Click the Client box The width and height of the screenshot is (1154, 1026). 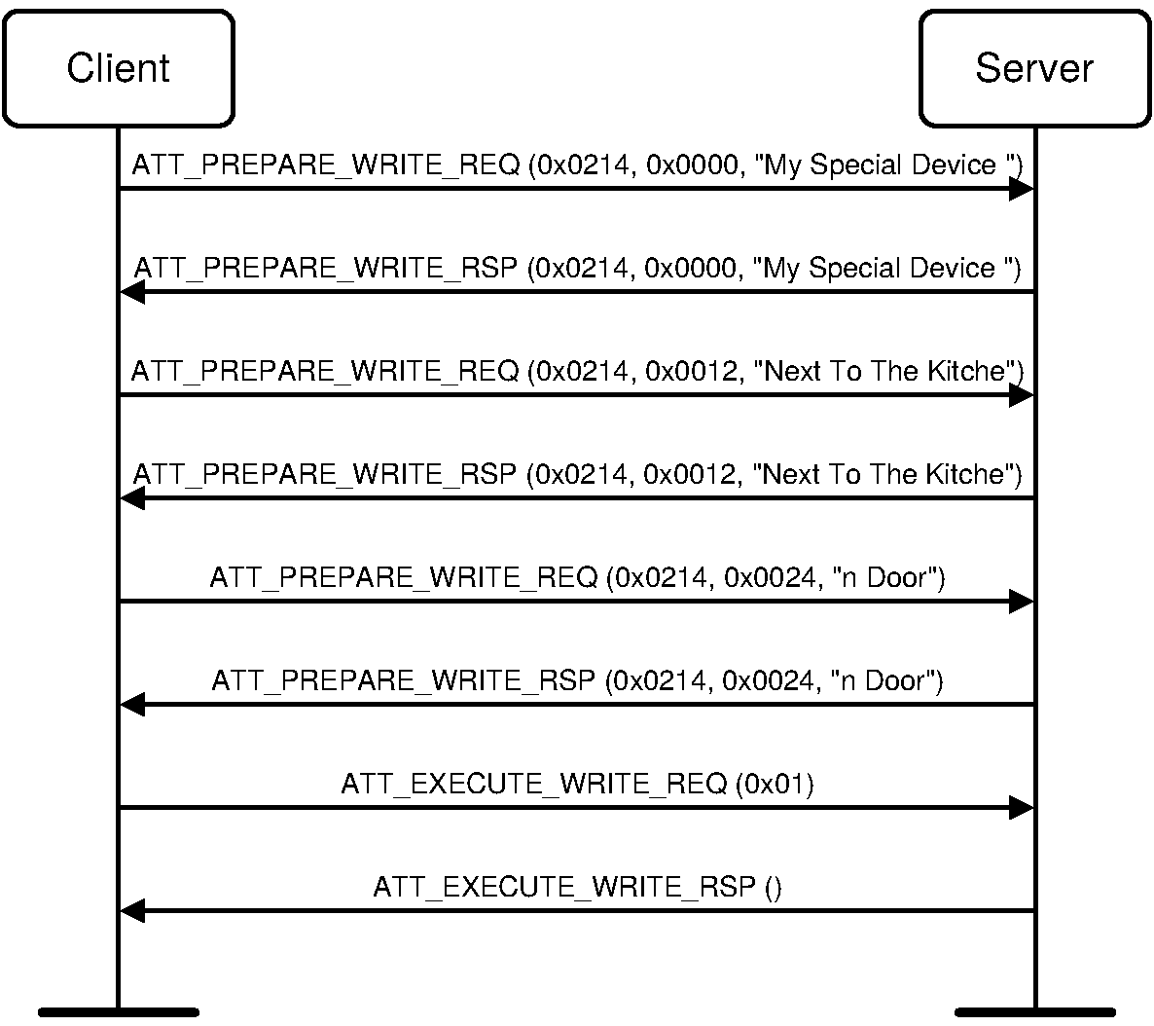118,68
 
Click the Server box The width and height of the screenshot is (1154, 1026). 1034,68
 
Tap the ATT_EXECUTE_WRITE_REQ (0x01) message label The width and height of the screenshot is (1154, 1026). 577,784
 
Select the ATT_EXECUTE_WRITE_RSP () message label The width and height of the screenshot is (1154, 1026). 577,887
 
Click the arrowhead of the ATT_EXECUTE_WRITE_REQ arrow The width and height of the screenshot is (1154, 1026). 1021,807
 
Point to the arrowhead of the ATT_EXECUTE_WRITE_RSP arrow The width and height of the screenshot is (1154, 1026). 132,910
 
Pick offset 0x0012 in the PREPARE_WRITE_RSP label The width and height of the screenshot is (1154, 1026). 691,475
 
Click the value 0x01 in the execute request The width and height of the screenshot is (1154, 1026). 774,784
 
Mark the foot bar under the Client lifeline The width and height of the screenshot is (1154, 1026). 118,1012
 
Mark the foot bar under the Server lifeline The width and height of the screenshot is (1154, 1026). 1034,1012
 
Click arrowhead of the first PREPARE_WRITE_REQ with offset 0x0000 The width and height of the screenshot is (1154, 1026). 1021,188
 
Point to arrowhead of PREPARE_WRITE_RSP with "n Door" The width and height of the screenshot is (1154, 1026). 132,704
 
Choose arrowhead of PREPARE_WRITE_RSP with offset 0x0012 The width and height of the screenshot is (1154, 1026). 132,497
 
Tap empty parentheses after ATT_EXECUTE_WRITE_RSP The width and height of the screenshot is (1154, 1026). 774,887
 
